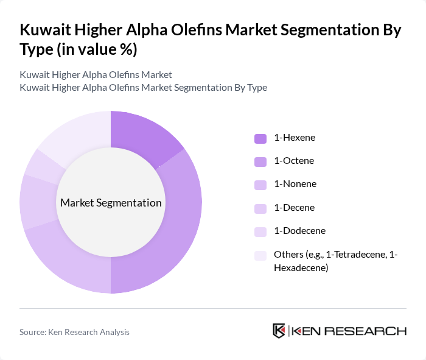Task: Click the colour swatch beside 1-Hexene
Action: (260, 138)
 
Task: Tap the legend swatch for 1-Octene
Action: (260, 161)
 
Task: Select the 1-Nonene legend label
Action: (295, 184)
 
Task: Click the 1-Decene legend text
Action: (295, 208)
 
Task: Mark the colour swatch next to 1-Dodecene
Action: (260, 231)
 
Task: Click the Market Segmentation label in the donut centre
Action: (111, 203)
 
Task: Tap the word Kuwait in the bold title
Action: (48, 30)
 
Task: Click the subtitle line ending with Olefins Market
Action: (96, 75)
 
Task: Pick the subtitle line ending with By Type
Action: (143, 87)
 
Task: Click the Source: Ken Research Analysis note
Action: (74, 332)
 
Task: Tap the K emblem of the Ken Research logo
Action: (279, 331)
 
